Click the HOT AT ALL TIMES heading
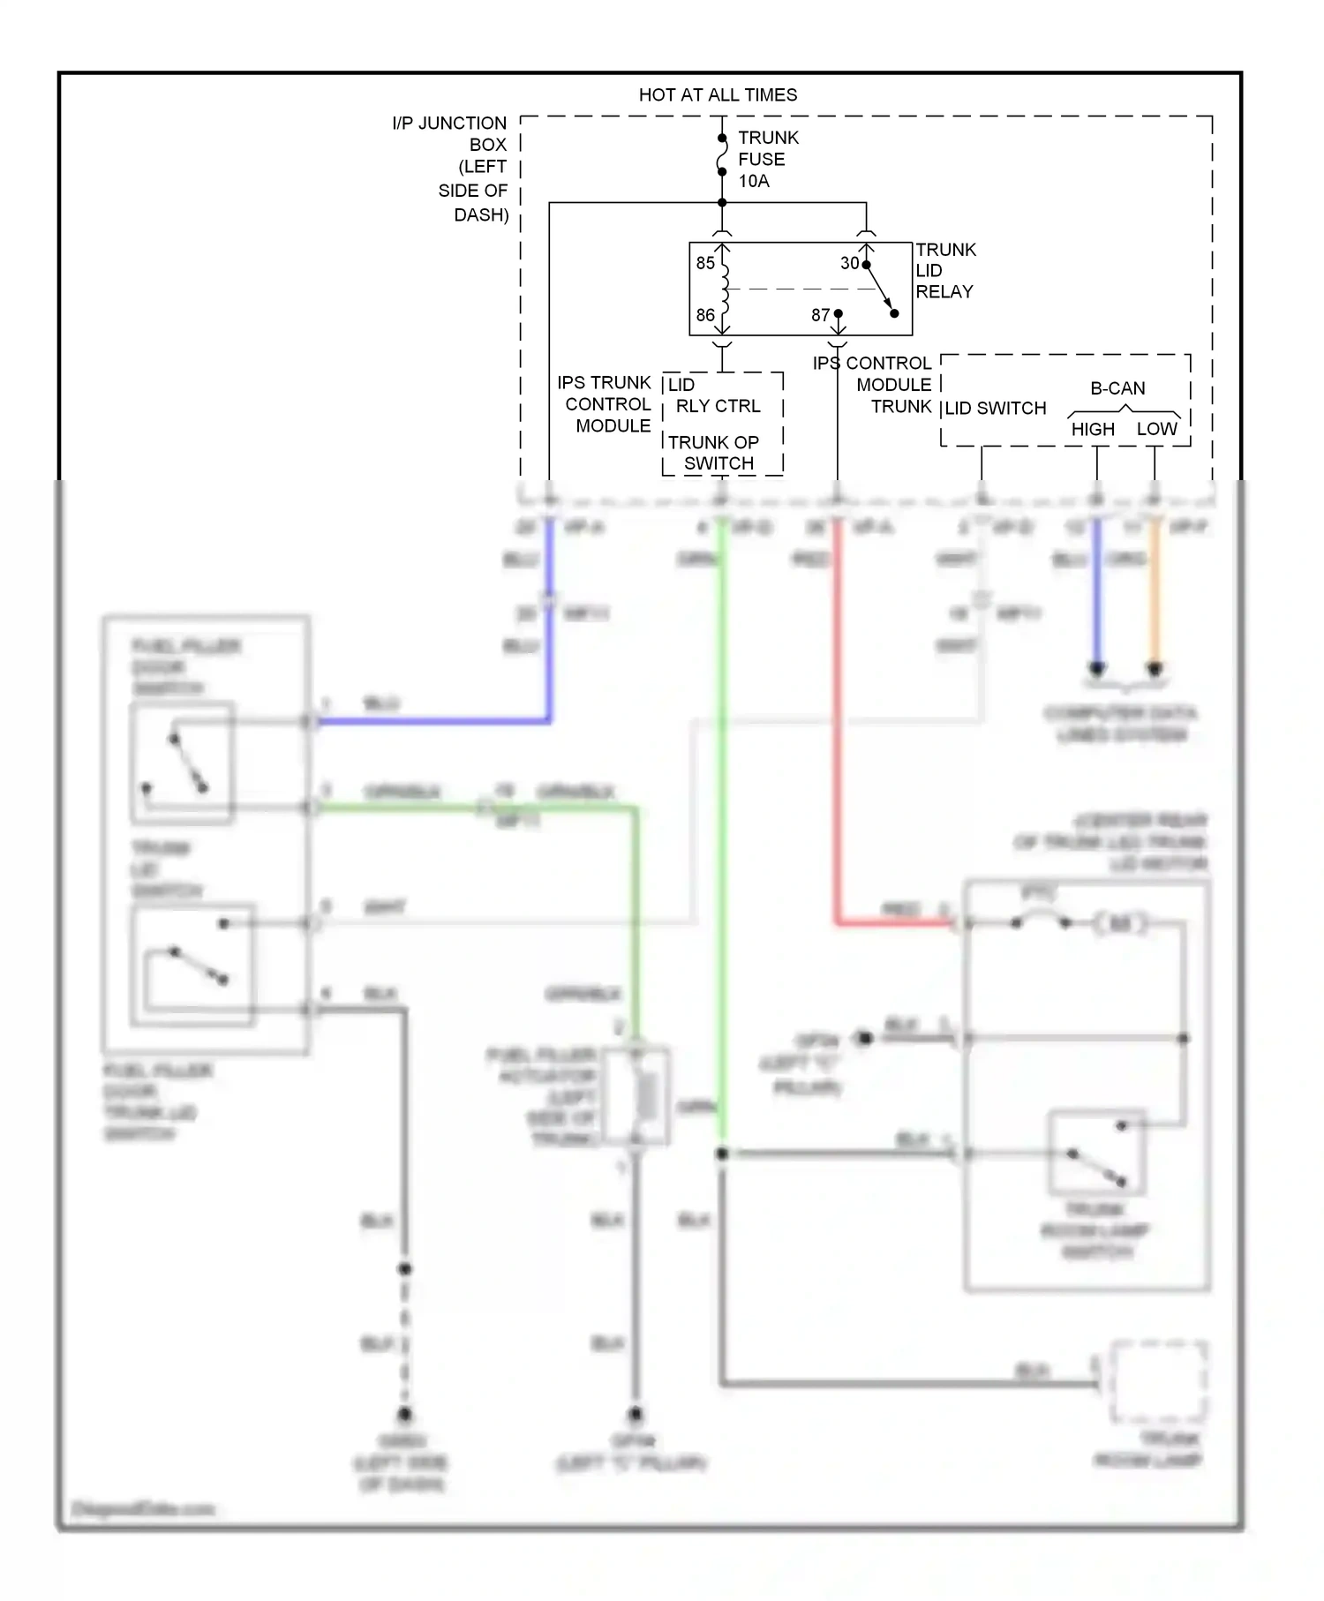click(718, 94)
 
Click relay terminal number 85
click(705, 263)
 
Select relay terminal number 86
click(705, 315)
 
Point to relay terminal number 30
click(849, 263)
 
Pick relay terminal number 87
click(820, 315)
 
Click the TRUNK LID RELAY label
click(945, 271)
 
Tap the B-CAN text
click(1117, 388)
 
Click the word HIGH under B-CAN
click(1093, 430)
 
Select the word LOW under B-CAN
click(1156, 429)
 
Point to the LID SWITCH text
click(996, 409)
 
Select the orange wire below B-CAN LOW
click(1154, 600)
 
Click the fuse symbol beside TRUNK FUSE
click(722, 154)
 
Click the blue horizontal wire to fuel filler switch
click(433, 721)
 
